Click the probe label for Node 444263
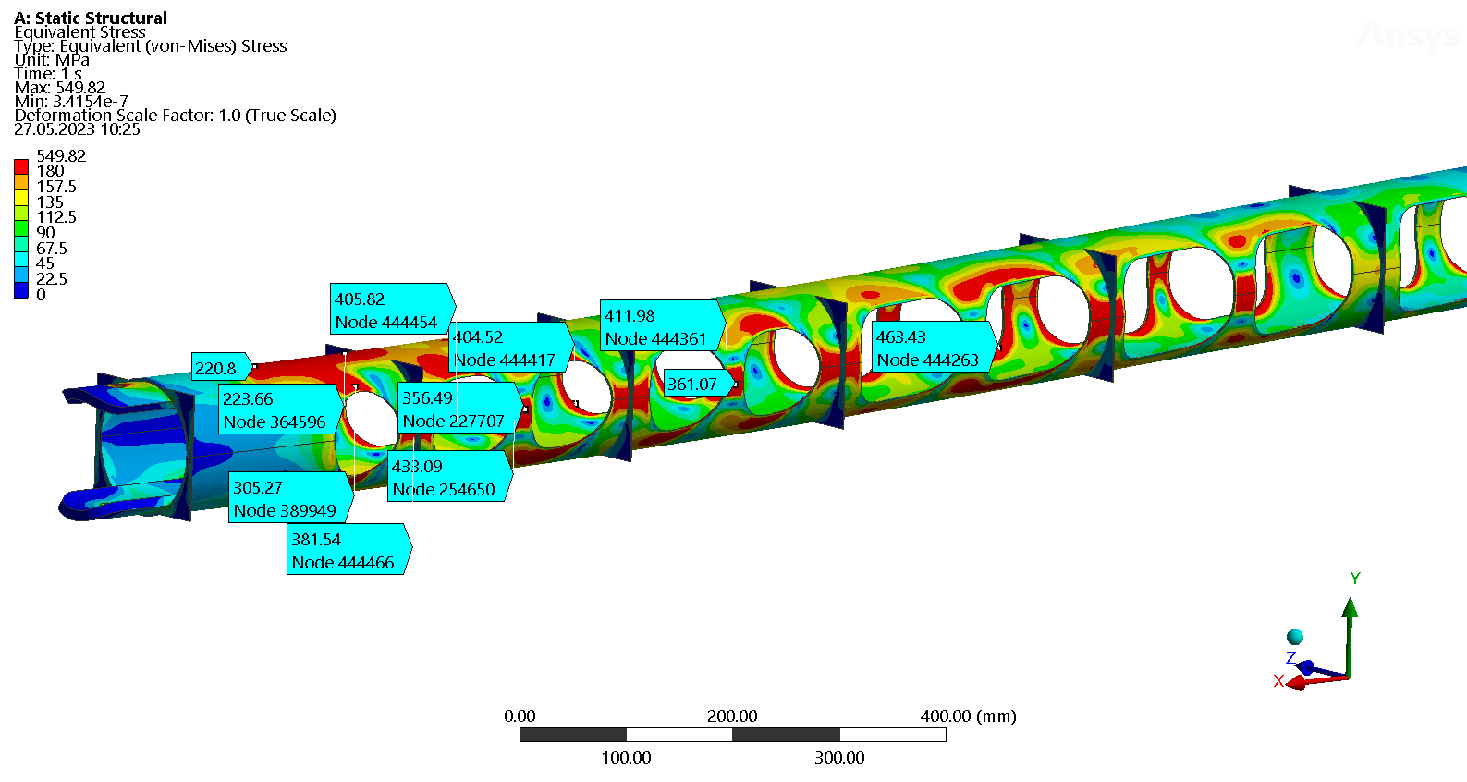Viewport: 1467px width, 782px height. pos(935,348)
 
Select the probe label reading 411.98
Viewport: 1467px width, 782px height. pos(663,326)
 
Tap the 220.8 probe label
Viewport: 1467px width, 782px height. pos(222,367)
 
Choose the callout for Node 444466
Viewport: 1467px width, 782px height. pos(349,549)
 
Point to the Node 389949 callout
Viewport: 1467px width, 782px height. pos(291,497)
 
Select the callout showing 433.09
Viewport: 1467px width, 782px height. pos(450,477)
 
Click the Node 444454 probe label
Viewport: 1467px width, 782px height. pos(393,309)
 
